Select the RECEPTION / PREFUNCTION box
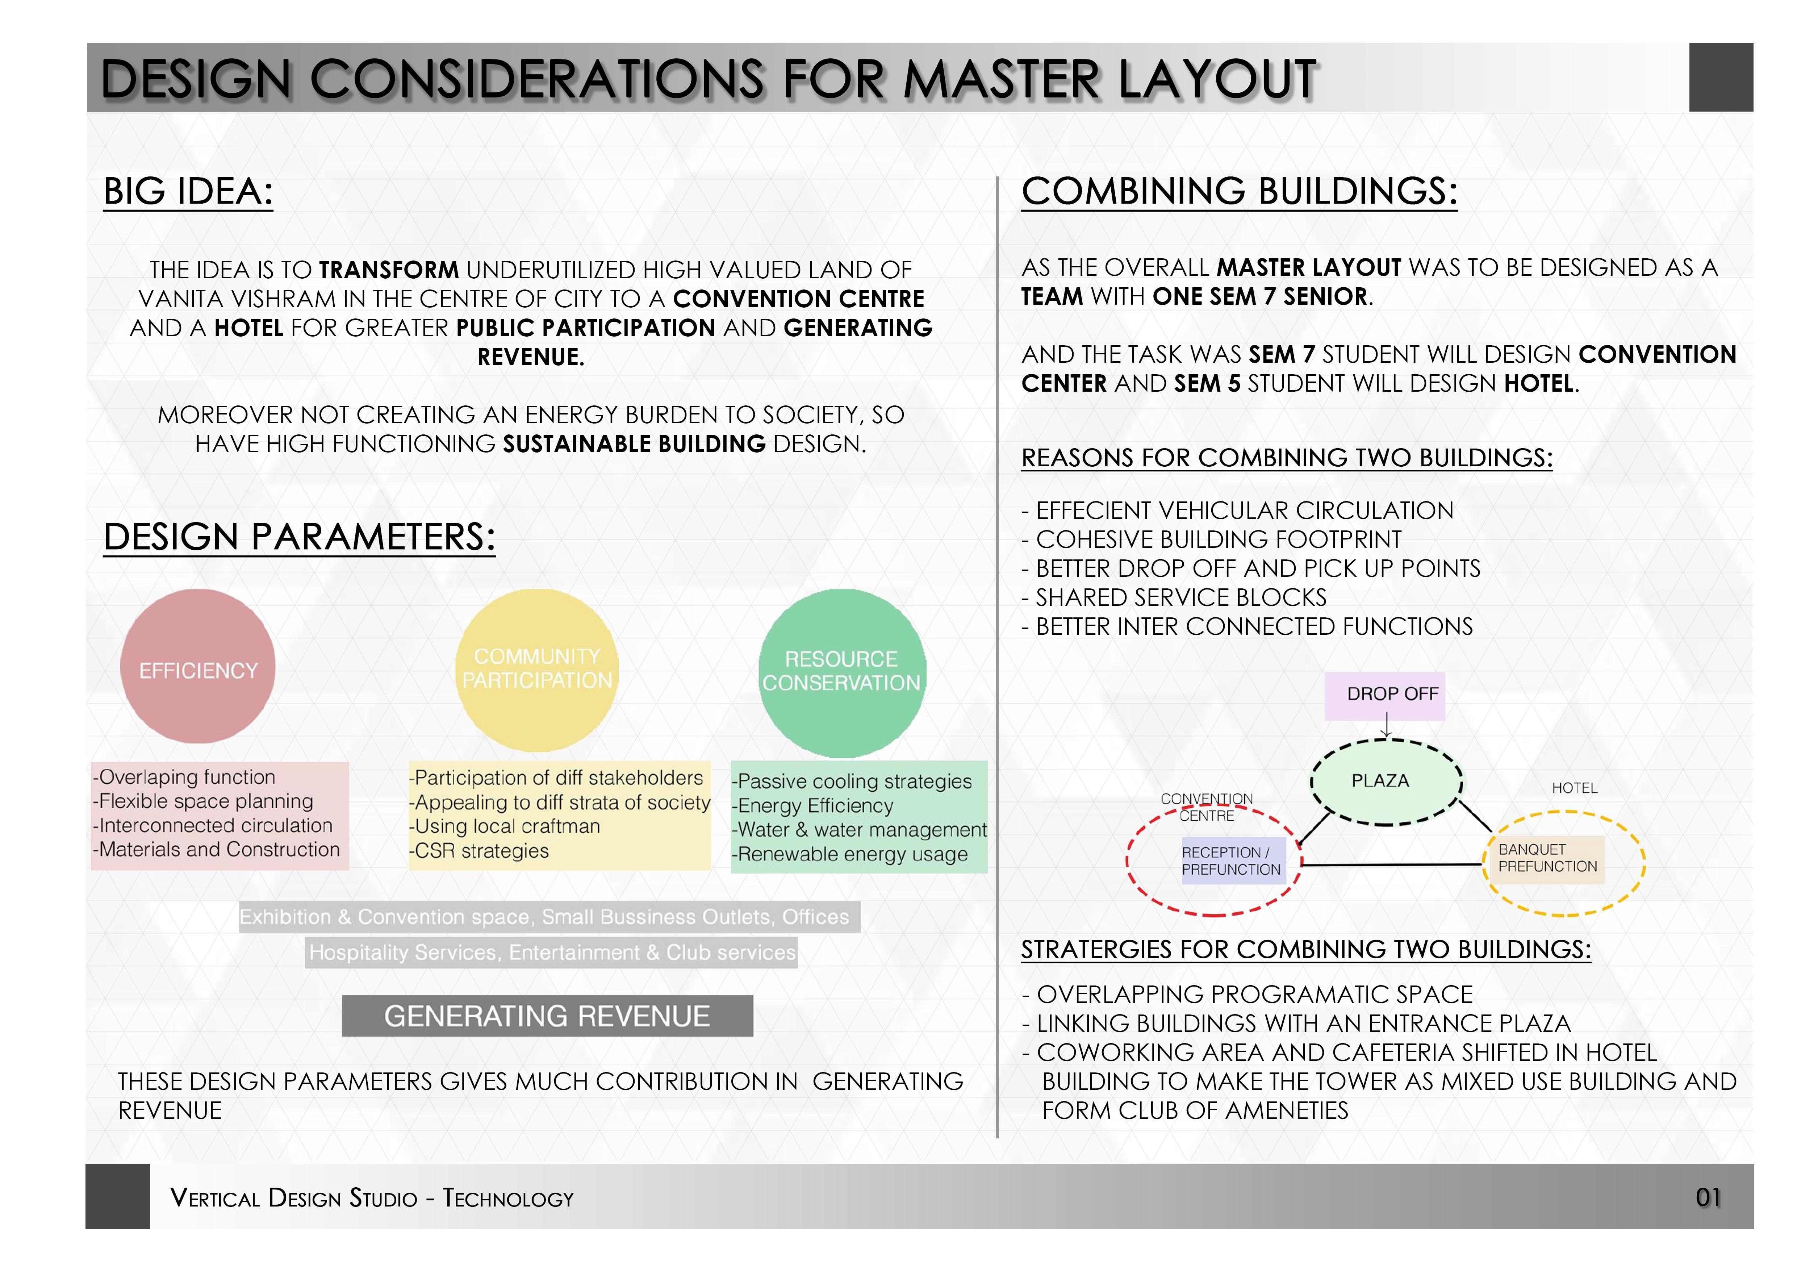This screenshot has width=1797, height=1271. click(x=1232, y=861)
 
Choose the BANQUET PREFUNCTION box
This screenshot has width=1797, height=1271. click(x=1547, y=859)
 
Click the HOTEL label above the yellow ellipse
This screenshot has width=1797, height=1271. click(x=1574, y=788)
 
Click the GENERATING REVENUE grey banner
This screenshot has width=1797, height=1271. click(x=547, y=1016)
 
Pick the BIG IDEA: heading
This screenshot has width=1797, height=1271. click(x=189, y=192)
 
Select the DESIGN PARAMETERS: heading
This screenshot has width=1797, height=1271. click(x=300, y=538)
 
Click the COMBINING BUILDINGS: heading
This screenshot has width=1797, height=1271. click(x=1240, y=192)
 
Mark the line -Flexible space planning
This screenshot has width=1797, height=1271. click(x=204, y=801)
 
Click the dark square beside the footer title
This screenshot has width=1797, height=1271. click(x=117, y=1197)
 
